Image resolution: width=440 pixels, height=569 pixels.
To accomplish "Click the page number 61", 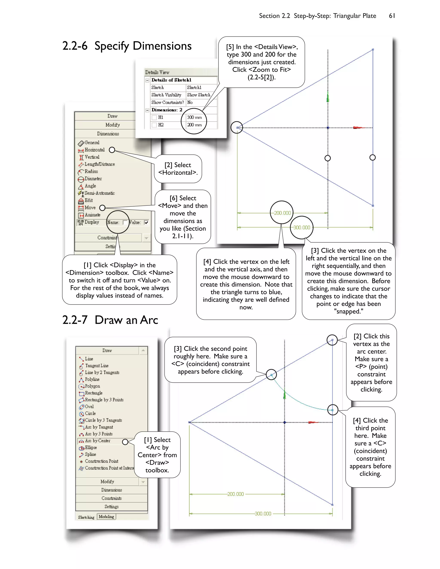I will (392, 16).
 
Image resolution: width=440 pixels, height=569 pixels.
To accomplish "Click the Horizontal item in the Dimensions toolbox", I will (94, 150).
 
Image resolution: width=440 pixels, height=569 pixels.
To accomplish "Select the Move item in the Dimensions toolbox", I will (90, 208).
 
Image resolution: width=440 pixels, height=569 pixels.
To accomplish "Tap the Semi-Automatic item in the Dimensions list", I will (99, 193).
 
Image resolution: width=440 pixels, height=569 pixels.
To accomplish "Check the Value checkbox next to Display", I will (146, 222).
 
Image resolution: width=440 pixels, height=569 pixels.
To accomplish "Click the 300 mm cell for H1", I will (194, 117).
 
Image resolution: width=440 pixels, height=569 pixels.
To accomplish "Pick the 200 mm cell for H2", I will (194, 125).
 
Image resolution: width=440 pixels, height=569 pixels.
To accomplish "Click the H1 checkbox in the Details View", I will (154, 117).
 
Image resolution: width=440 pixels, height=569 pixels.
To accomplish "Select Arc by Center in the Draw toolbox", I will (98, 441).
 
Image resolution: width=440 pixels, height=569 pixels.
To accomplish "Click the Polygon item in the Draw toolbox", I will (92, 386).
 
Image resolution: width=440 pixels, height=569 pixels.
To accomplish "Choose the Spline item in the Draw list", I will (90, 454).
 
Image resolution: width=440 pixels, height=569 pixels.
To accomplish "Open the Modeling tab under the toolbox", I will (106, 517).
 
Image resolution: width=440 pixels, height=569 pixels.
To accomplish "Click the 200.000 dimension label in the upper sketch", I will (282, 213).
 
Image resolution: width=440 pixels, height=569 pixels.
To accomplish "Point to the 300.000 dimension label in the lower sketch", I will (263, 514).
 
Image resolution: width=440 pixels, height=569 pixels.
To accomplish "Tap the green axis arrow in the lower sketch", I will (285, 396).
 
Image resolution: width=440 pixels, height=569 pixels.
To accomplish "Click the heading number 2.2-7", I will (75, 320).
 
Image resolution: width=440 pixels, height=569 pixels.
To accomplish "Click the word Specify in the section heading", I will (112, 46).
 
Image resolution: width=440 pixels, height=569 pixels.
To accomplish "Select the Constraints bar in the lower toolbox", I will (112, 498).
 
